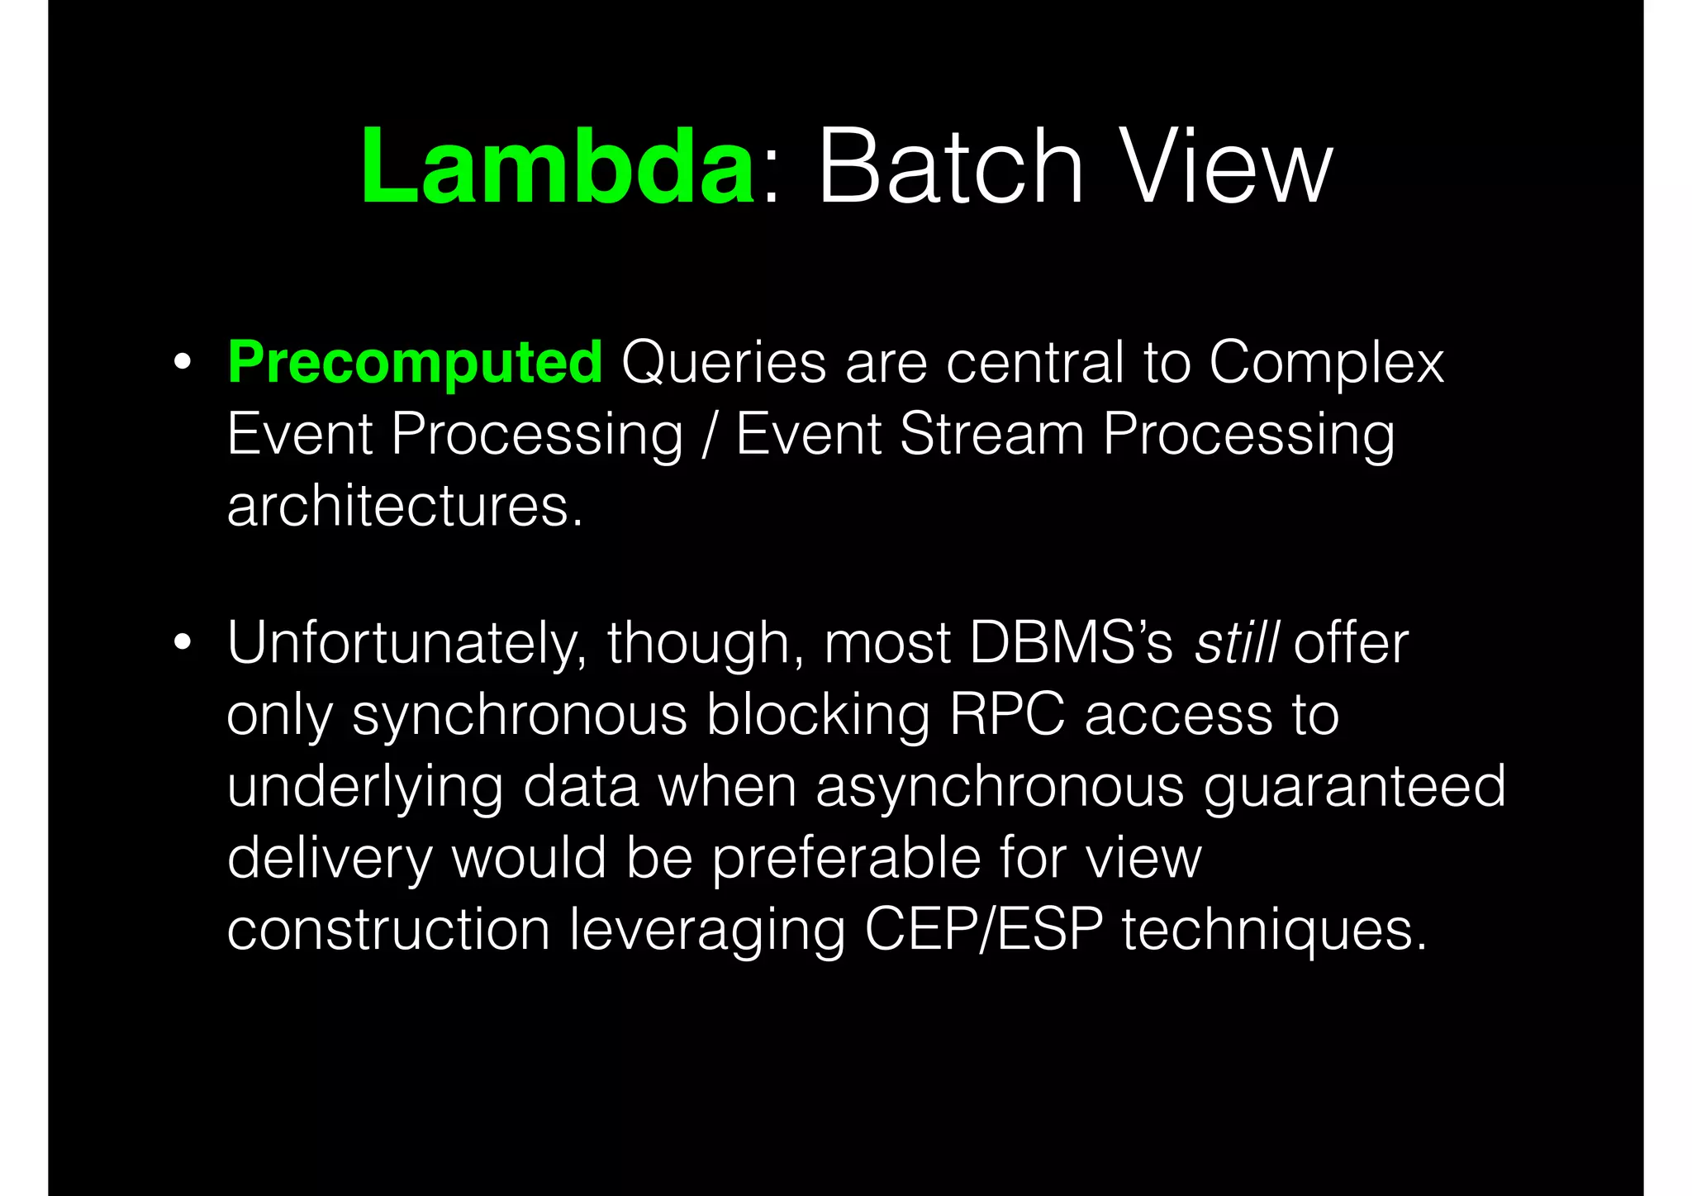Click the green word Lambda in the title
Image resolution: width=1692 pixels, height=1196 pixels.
point(558,167)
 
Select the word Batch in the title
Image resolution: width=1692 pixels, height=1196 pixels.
point(950,167)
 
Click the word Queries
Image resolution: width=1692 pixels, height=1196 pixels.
point(724,364)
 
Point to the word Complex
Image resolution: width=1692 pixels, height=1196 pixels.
point(1327,364)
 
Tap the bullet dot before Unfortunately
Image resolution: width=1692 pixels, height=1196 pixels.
point(183,642)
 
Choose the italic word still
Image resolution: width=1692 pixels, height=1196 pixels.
point(1237,642)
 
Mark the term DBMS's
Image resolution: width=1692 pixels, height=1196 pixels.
point(1071,642)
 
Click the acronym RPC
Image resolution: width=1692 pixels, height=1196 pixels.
point(1007,714)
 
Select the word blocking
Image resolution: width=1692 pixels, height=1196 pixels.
point(818,716)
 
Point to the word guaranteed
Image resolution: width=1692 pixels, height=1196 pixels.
point(1355,787)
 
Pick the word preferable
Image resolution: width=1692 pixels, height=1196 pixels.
point(846,858)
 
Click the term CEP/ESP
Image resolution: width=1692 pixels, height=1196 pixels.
point(984,930)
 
